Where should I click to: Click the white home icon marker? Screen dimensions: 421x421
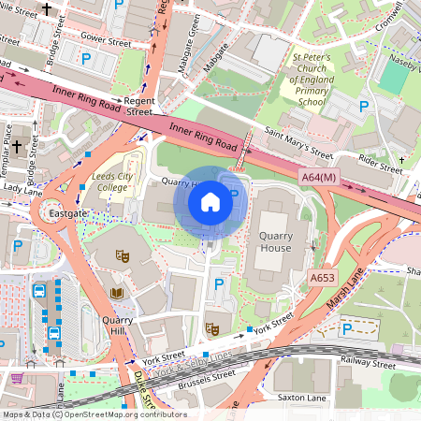click(x=210, y=201)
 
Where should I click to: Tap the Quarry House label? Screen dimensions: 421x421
click(x=277, y=242)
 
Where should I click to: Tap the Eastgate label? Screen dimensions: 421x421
click(x=70, y=214)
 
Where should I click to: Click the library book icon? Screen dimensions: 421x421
click(x=116, y=294)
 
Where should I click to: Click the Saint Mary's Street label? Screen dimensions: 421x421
click(x=298, y=143)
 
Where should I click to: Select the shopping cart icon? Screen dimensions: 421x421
click(x=17, y=378)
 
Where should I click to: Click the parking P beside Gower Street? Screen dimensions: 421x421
click(x=86, y=58)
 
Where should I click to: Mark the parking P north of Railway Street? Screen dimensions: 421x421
click(x=347, y=328)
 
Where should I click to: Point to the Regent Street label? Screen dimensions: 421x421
click(x=132, y=105)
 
